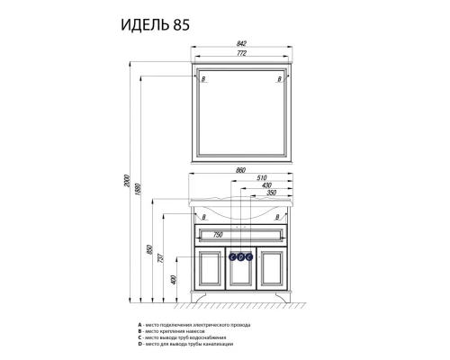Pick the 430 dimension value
[x=265, y=186]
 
